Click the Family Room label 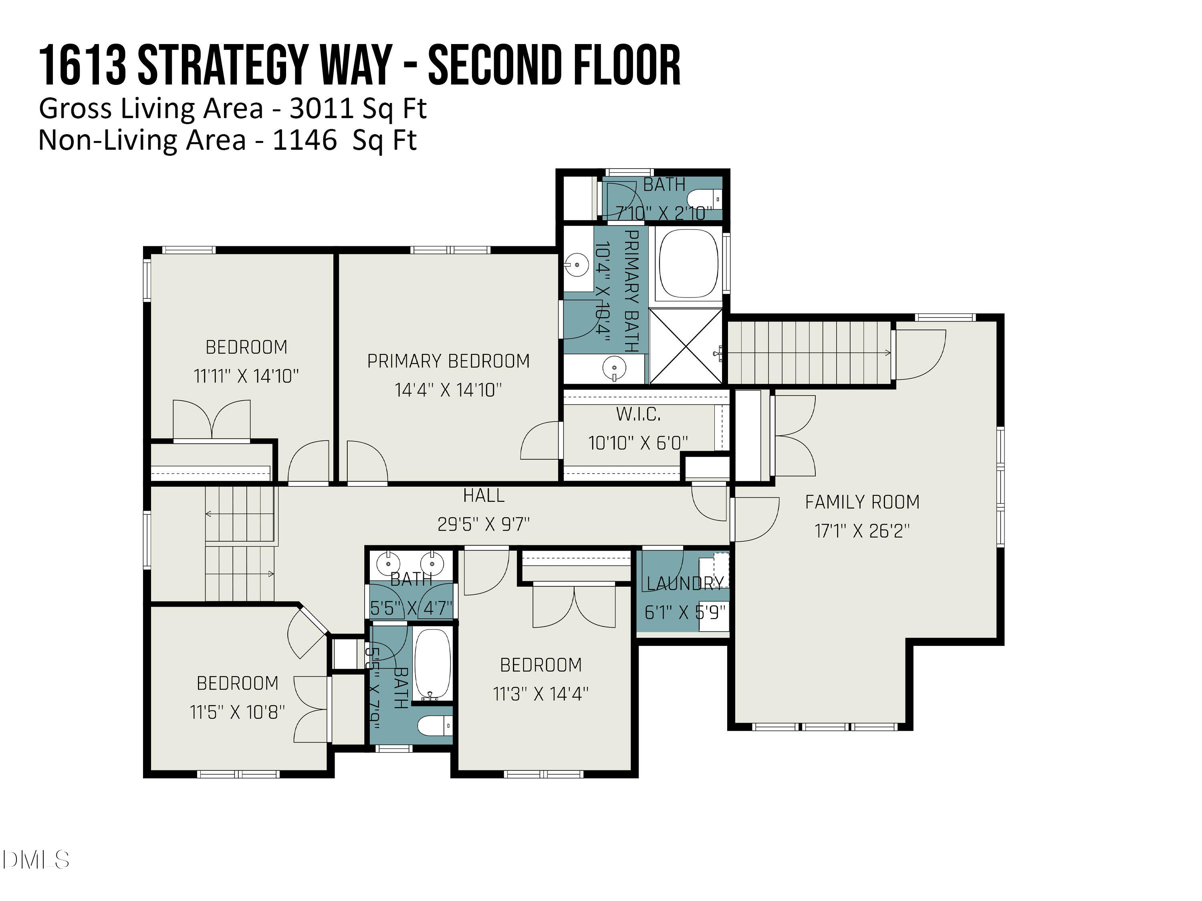point(862,502)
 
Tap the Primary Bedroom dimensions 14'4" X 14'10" point(448,390)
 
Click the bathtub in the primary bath point(688,263)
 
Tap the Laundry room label point(685,583)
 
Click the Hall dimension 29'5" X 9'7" point(483,524)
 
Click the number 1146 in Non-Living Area point(304,140)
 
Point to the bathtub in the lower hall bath point(433,665)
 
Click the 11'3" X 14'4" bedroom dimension point(540,694)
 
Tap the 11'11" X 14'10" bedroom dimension point(246,376)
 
